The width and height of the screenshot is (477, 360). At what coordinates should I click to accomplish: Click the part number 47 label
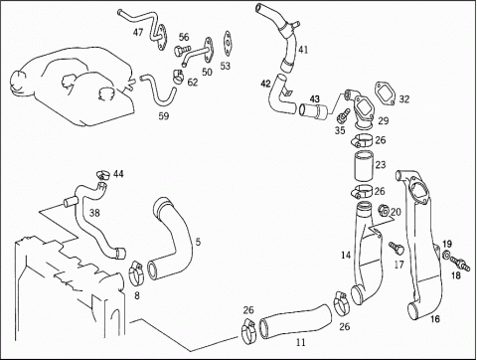point(138,32)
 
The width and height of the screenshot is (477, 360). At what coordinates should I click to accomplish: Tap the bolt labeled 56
point(182,50)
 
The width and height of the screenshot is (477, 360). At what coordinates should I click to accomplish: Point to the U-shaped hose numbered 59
point(158,90)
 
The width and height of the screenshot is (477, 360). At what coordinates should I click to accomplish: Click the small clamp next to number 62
point(178,77)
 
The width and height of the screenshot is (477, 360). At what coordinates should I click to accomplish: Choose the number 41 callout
point(303,50)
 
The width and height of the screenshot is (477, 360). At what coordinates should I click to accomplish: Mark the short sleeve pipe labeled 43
point(313,111)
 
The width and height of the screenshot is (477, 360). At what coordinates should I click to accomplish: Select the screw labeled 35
point(342,115)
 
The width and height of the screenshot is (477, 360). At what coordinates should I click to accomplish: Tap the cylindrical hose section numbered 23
point(364,165)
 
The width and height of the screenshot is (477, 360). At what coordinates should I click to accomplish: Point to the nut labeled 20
point(384,210)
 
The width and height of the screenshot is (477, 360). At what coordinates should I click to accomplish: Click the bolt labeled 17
point(397,248)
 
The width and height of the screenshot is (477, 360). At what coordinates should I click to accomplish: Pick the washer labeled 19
point(446,255)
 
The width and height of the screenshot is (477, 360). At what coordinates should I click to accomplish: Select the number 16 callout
point(435,319)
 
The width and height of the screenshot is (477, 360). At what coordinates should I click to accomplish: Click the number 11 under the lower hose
point(300,342)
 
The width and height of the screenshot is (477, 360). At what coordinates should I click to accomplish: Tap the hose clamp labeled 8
point(135,273)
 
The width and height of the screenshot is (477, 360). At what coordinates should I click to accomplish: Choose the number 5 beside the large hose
point(198,242)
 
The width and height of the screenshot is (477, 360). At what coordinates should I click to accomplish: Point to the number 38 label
point(94,213)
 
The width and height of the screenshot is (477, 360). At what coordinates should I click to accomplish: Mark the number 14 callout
point(346,255)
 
